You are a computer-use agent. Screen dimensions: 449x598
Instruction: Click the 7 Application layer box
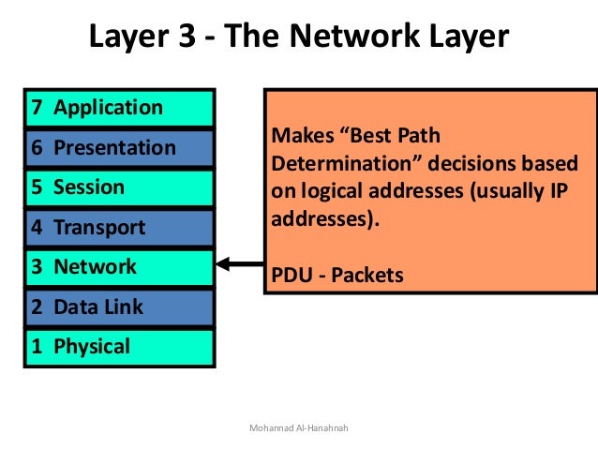[120, 108]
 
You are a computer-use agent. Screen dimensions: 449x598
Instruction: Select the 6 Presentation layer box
[120, 148]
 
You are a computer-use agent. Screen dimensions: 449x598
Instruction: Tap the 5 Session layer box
[120, 187]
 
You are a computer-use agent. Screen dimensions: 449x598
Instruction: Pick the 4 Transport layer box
[120, 228]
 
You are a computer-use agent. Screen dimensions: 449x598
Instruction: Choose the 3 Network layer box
[120, 267]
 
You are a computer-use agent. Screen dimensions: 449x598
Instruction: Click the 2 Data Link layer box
[120, 307]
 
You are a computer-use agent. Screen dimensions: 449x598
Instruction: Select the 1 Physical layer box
[120, 347]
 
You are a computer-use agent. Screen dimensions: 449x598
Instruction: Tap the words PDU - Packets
[336, 275]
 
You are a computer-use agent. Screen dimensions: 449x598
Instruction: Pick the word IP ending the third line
[566, 192]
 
